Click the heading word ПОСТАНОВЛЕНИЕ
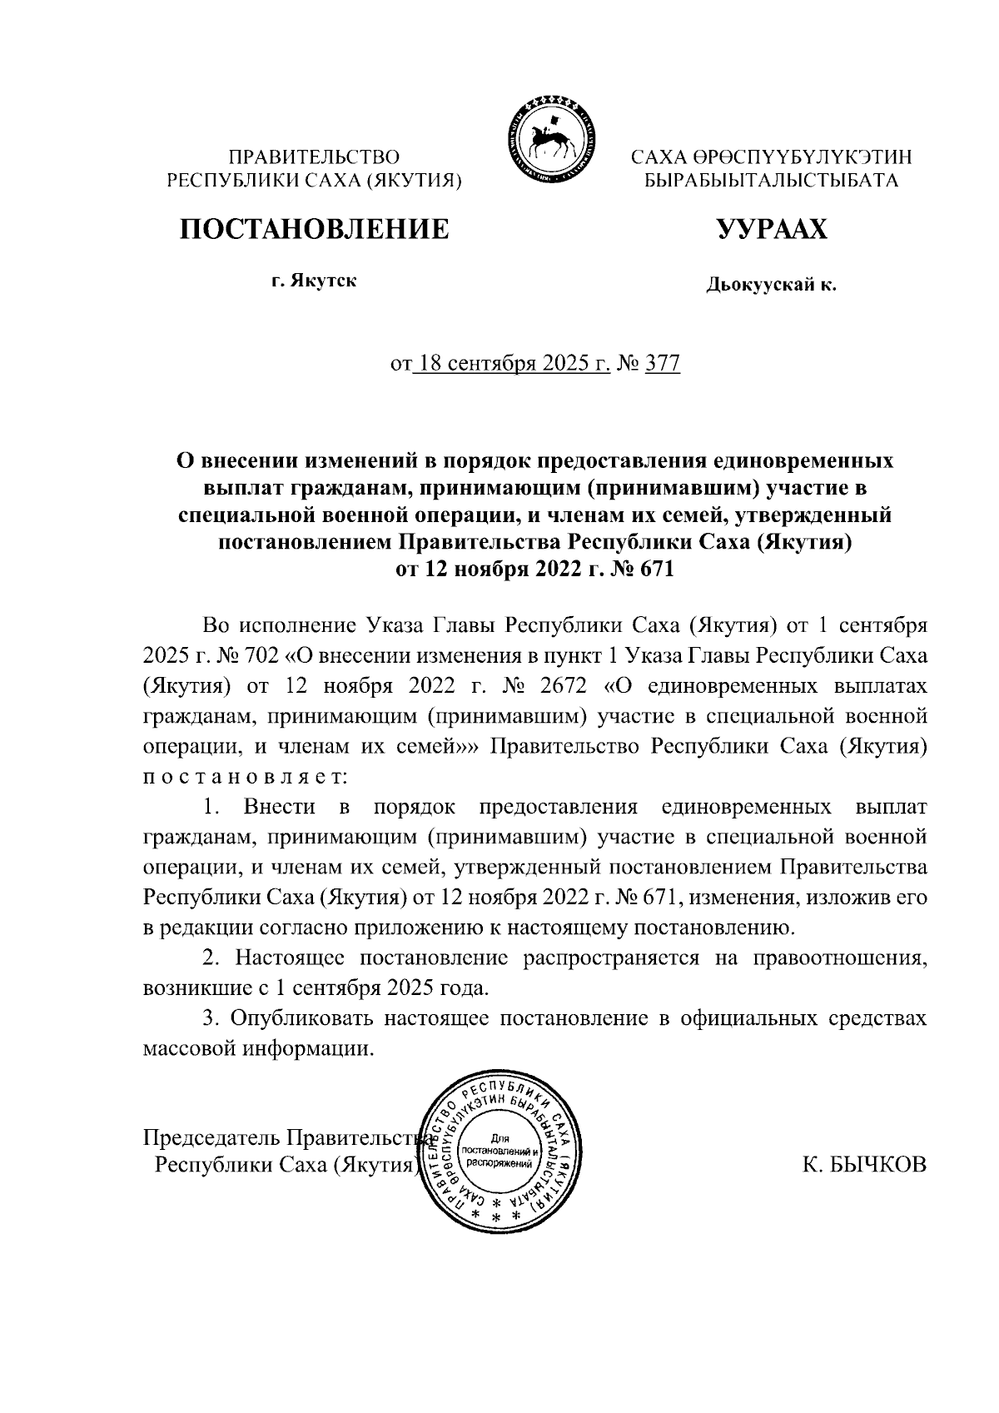[316, 228]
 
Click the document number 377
[663, 364]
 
